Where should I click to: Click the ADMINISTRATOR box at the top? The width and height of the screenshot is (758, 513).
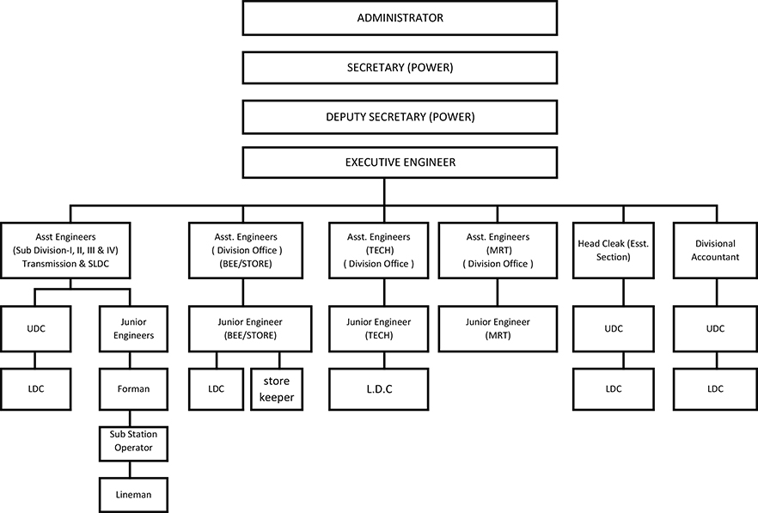click(400, 18)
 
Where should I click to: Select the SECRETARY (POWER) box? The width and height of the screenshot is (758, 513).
click(400, 68)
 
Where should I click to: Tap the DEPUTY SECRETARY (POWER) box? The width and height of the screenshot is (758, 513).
click(400, 117)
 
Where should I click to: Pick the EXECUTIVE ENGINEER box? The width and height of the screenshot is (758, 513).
click(400, 162)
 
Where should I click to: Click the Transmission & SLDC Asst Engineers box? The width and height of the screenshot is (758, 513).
click(65, 250)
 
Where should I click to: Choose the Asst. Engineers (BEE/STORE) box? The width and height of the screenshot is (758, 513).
click(246, 250)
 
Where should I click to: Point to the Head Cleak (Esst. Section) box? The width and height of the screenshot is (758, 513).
click(614, 250)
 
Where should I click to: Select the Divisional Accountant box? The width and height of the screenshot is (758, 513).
click(715, 250)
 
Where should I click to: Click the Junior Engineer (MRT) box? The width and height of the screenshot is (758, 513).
click(498, 329)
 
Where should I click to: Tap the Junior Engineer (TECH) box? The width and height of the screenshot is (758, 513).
click(378, 329)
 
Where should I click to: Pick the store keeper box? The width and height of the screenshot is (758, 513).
click(277, 389)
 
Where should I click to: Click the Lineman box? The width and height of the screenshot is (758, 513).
click(133, 495)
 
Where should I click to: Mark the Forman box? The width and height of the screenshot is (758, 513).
click(133, 389)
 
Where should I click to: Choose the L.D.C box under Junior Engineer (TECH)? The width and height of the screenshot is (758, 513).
click(378, 389)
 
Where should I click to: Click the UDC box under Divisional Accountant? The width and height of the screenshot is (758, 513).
click(715, 329)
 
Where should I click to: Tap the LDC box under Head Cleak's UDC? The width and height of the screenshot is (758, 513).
click(614, 389)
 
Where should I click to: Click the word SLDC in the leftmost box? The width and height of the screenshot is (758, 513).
click(99, 264)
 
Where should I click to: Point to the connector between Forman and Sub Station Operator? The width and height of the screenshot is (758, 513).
click(130, 418)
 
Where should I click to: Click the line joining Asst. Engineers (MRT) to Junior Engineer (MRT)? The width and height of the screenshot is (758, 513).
click(498, 292)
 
